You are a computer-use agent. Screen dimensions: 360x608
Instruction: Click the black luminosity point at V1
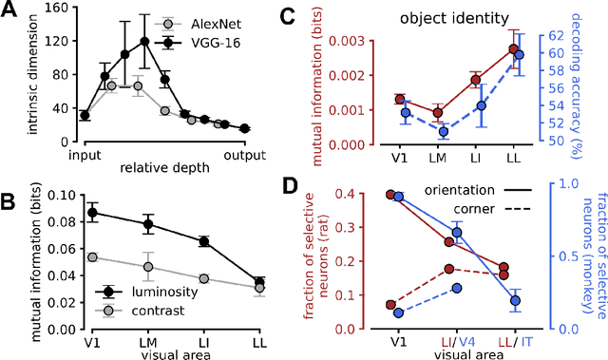point(92,213)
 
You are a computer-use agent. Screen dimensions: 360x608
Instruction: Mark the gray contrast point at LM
point(148,267)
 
